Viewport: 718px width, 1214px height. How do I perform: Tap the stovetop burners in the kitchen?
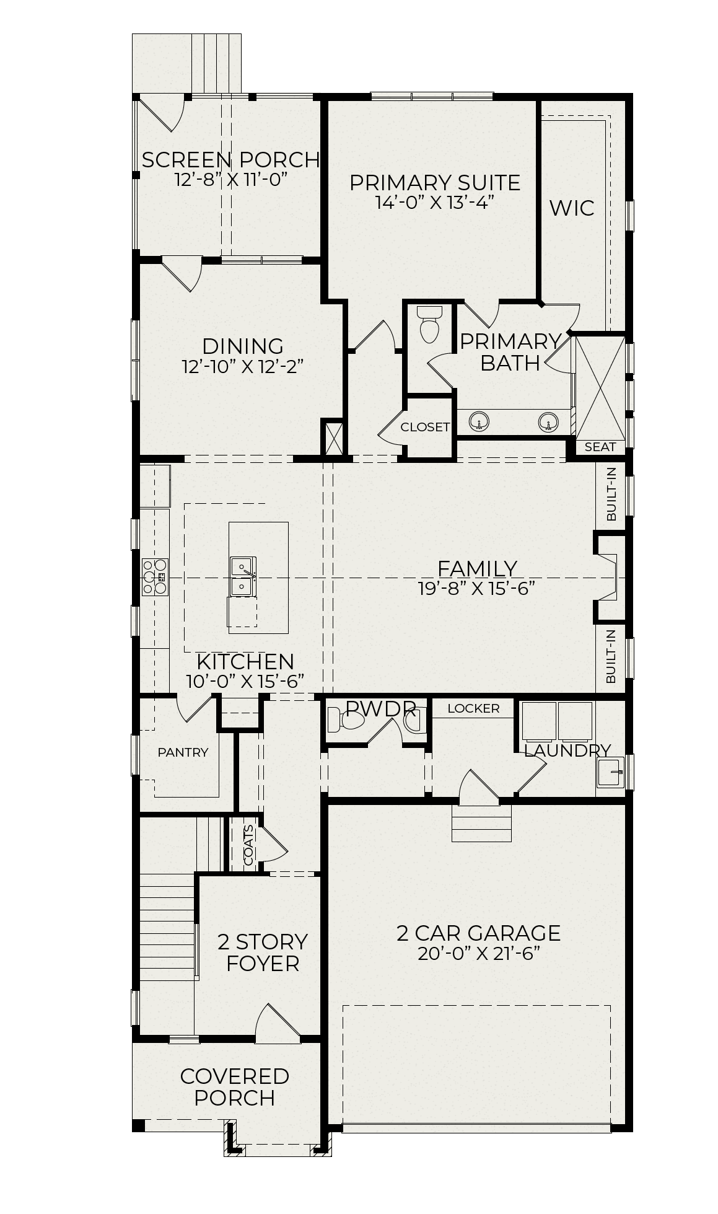click(x=155, y=577)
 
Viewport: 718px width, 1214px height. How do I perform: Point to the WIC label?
click(x=572, y=208)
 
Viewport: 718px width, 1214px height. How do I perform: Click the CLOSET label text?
click(x=425, y=427)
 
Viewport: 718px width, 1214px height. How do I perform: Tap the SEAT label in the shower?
click(x=600, y=447)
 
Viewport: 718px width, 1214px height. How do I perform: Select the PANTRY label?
click(x=183, y=752)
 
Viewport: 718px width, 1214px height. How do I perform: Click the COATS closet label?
click(x=248, y=845)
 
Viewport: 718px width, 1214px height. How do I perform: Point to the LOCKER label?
click(x=473, y=708)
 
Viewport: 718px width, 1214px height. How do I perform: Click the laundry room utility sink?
click(x=610, y=772)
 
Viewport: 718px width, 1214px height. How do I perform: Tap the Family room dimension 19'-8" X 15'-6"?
click(x=476, y=588)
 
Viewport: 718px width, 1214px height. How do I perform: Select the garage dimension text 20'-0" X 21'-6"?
click(x=479, y=953)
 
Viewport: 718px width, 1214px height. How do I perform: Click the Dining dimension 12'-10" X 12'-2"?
click(x=243, y=367)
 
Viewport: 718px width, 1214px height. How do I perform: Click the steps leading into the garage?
click(x=482, y=824)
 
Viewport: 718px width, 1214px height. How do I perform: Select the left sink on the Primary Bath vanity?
click(x=479, y=423)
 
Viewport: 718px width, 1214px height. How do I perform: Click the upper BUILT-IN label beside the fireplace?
click(x=611, y=494)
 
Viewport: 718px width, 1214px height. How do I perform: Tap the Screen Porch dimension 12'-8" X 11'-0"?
click(x=232, y=180)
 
